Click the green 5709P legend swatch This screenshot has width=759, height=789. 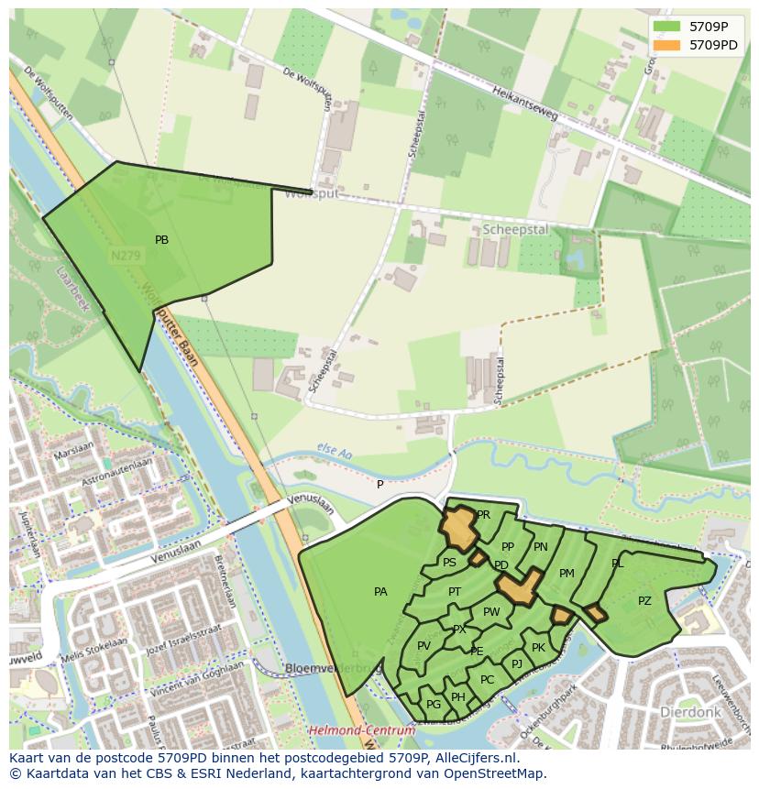[667, 27]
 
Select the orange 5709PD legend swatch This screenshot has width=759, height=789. [667, 44]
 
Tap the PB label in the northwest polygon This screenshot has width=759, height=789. [161, 240]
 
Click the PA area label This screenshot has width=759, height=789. [380, 592]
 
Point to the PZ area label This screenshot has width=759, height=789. [644, 601]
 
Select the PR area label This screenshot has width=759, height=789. [483, 515]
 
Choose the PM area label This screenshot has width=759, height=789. [566, 574]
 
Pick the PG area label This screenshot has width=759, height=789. [434, 704]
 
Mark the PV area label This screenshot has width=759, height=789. [423, 646]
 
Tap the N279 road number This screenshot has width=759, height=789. [126, 257]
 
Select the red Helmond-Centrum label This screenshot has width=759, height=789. [362, 730]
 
